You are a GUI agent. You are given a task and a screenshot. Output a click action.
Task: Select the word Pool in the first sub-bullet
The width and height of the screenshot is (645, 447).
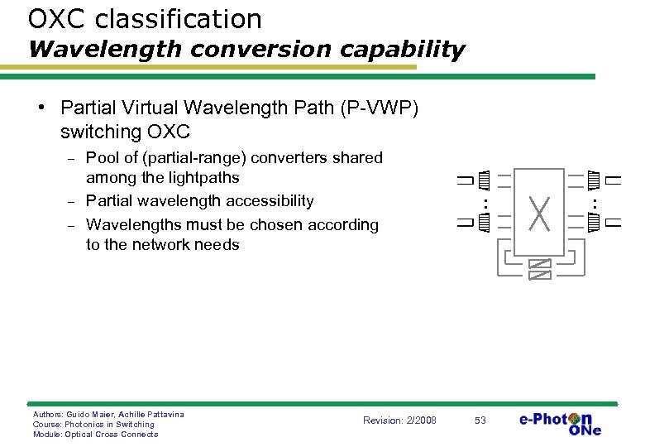point(103,157)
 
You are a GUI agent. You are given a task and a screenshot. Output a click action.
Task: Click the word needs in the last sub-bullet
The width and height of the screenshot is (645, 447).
point(217,245)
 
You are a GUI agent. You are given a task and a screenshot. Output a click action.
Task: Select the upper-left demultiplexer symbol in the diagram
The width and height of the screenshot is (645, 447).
point(485,178)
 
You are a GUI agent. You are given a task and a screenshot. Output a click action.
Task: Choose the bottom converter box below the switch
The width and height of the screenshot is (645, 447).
point(540,274)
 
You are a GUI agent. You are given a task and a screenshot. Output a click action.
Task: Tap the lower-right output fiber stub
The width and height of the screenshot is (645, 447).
point(613,222)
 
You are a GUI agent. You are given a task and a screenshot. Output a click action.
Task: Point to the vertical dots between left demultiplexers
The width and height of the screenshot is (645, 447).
point(485,201)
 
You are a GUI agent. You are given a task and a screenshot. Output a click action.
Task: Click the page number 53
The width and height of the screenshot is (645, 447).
point(480,421)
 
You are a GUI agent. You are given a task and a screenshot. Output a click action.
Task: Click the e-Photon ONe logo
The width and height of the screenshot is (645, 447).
point(560,423)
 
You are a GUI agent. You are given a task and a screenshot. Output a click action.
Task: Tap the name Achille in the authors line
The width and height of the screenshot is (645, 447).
point(127,414)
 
